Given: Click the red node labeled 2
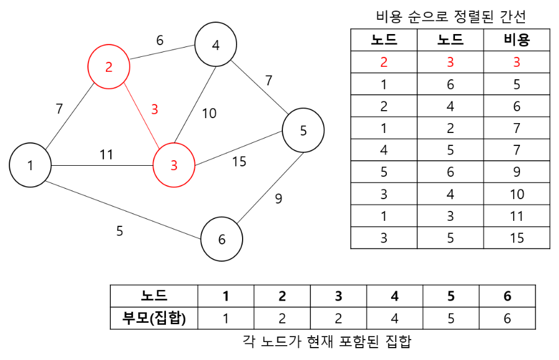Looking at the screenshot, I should (x=109, y=66).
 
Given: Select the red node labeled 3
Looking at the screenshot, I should (x=174, y=165).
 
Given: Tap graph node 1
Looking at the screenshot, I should (x=30, y=165).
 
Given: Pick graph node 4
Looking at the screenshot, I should (x=215, y=45).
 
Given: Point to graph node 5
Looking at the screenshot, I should (x=303, y=131).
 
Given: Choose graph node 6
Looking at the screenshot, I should (x=222, y=239).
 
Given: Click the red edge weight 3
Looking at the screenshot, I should (x=155, y=109).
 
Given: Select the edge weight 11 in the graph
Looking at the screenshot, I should (x=106, y=155).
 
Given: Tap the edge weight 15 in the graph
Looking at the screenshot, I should (x=239, y=161).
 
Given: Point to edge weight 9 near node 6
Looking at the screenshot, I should (x=278, y=199).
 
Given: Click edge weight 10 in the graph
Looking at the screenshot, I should (x=209, y=113).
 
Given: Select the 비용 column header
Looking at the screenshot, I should (x=517, y=41).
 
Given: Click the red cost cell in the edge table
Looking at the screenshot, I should (x=517, y=62).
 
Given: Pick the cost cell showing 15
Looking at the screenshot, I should (x=517, y=238).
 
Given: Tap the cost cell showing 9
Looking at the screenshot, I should (x=517, y=172).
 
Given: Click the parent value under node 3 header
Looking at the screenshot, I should (x=339, y=319).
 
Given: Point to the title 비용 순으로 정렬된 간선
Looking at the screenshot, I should (x=451, y=17).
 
